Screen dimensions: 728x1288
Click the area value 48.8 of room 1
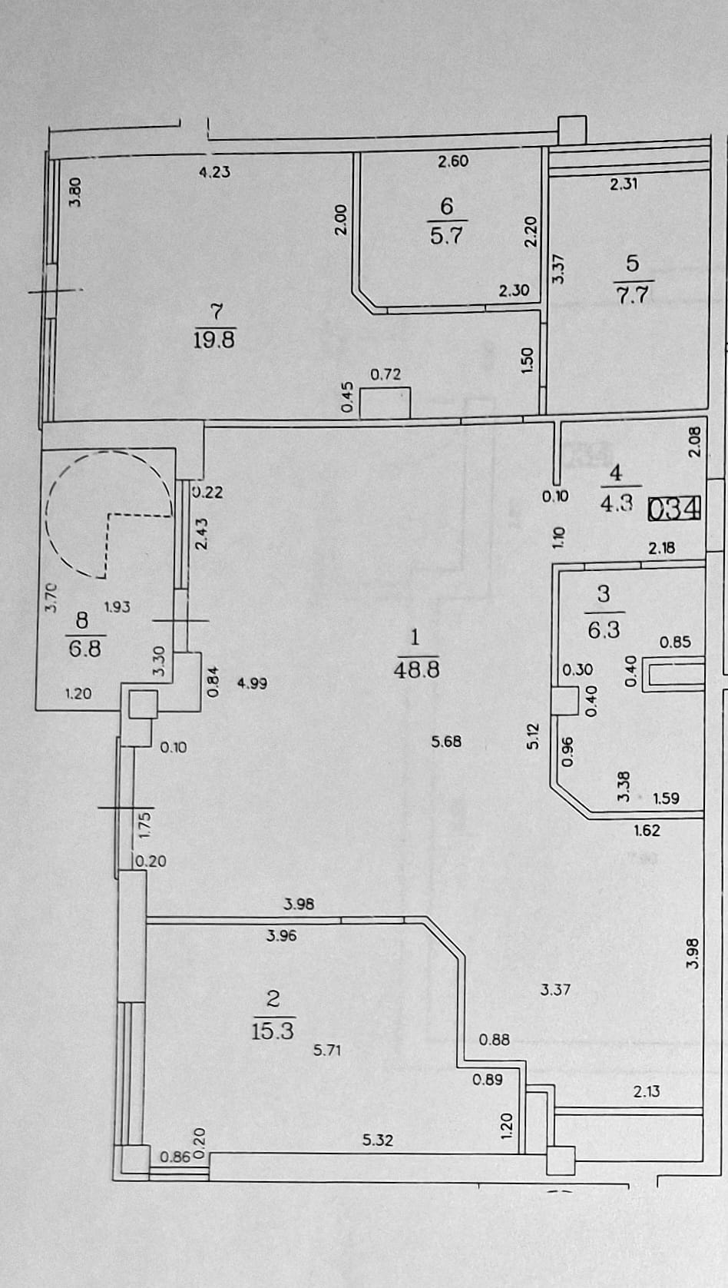click(x=416, y=669)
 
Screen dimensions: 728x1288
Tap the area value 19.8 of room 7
click(x=213, y=340)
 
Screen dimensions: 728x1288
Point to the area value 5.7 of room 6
click(x=446, y=235)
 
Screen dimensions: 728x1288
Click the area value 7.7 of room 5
click(x=632, y=294)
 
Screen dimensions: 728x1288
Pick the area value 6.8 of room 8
click(x=85, y=649)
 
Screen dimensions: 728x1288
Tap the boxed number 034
click(x=674, y=508)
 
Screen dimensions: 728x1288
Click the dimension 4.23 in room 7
click(x=214, y=171)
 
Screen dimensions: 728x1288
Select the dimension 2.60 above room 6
click(x=453, y=161)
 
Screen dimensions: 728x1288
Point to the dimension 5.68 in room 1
click(x=446, y=741)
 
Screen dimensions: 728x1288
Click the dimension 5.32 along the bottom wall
click(x=378, y=1140)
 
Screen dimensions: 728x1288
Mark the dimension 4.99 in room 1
click(x=252, y=683)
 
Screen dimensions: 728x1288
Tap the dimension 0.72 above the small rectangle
click(x=385, y=374)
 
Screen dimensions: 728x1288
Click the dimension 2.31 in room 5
click(x=624, y=184)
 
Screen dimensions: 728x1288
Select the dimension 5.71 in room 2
click(x=327, y=1050)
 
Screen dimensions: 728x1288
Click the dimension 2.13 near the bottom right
click(x=647, y=1090)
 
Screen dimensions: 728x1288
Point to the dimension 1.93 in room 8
click(x=117, y=606)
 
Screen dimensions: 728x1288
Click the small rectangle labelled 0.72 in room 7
click(x=385, y=403)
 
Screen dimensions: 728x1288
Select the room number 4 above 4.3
click(x=616, y=473)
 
